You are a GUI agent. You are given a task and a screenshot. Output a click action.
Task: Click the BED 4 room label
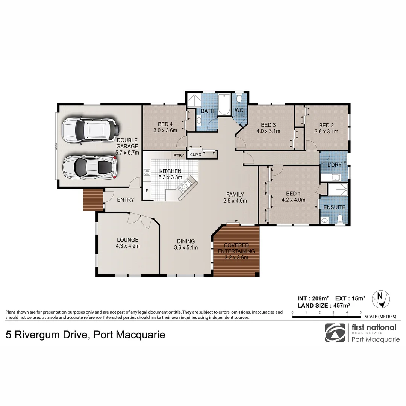point(165,124)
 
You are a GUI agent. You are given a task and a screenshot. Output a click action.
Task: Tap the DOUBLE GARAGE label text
point(127,144)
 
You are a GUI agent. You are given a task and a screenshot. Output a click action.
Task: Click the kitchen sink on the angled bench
point(186,185)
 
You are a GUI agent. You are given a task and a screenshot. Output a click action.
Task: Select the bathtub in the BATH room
point(224,104)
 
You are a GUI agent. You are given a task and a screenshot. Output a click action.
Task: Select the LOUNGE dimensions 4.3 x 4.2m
point(127,246)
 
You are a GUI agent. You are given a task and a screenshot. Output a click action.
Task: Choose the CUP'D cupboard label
point(195,155)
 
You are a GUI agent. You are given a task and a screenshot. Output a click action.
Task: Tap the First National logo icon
point(335,333)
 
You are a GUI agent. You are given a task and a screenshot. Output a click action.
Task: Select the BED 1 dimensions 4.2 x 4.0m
point(293,200)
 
